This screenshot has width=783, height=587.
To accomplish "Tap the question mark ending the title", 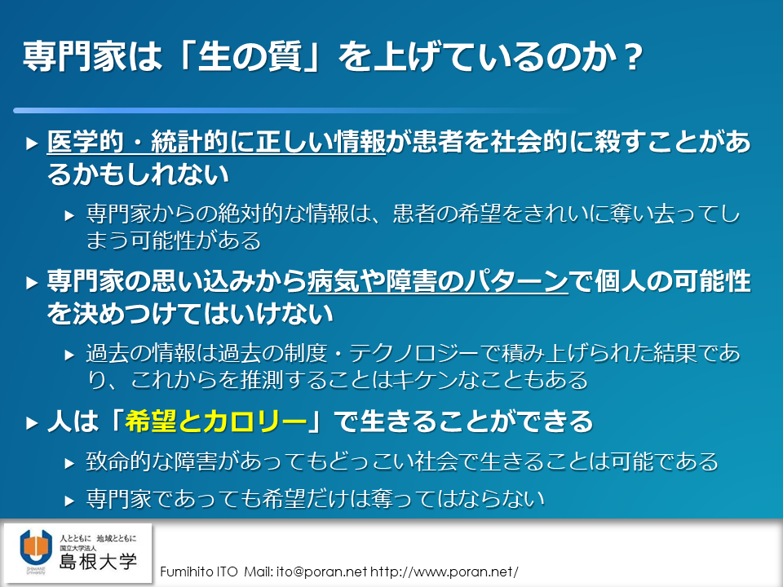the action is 633,57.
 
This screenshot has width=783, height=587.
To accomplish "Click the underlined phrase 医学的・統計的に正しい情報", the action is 216,142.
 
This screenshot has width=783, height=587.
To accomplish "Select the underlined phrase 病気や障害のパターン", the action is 437,281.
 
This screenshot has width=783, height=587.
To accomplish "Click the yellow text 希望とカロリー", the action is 215,421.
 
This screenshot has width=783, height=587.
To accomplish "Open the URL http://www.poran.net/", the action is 444,572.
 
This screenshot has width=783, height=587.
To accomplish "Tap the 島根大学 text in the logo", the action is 98,562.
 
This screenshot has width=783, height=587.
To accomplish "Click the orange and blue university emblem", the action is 36,548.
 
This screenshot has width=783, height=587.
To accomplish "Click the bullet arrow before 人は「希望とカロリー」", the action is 32,423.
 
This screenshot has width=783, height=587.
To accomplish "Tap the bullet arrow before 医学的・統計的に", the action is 32,143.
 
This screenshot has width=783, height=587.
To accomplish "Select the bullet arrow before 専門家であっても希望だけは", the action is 70,501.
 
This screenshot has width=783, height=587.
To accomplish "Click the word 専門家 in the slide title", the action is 74,56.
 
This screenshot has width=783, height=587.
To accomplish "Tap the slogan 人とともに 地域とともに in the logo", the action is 98,538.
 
